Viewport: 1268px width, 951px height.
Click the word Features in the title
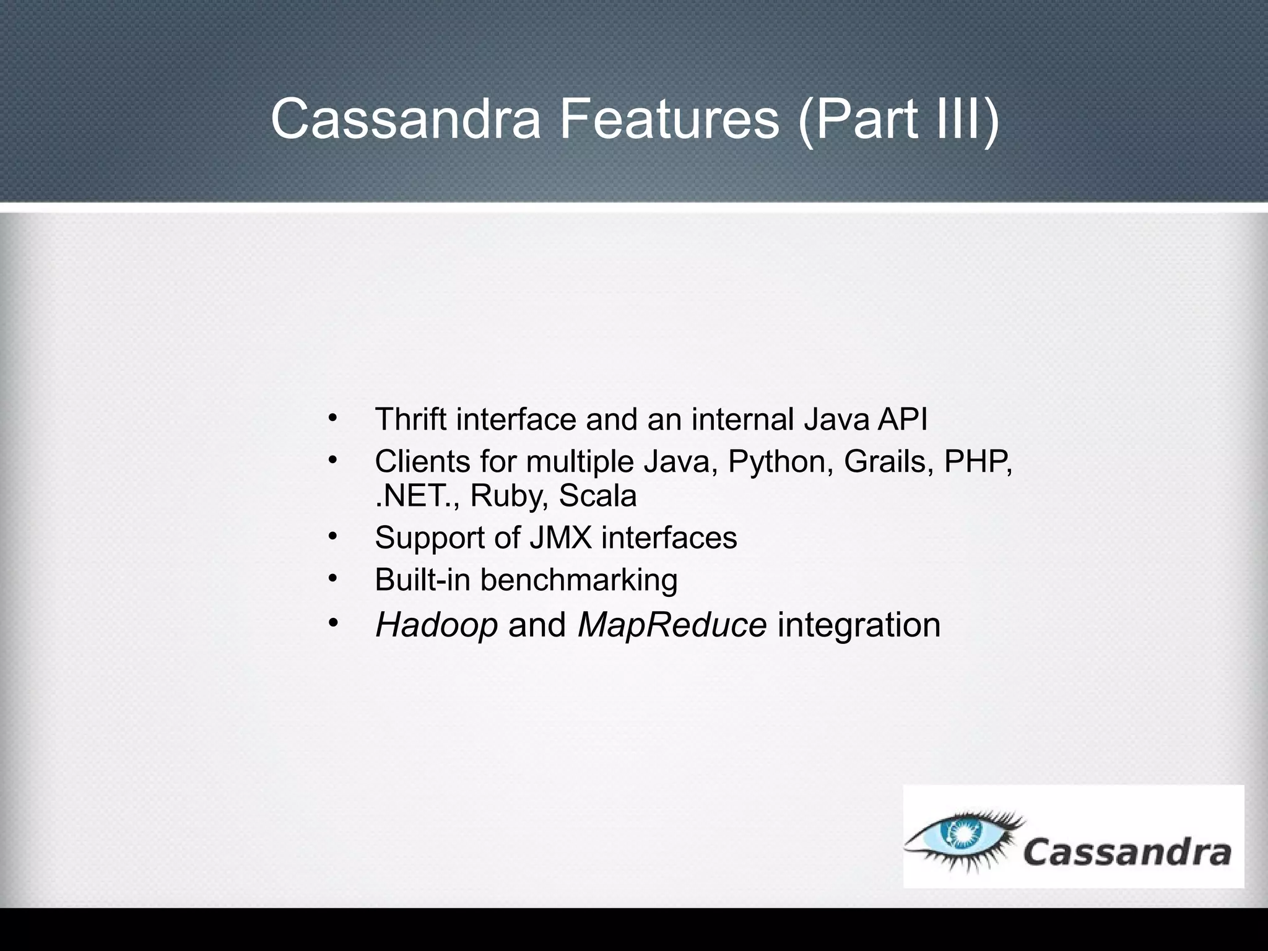coord(669,119)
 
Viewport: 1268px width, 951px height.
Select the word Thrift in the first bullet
coord(410,419)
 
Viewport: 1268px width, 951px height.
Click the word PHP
coord(978,461)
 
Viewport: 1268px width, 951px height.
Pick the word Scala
coord(597,496)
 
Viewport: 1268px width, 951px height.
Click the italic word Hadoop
coord(436,625)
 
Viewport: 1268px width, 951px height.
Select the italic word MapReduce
coord(672,625)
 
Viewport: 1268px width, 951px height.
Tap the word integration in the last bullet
coord(859,625)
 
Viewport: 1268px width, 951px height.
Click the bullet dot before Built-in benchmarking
coord(332,578)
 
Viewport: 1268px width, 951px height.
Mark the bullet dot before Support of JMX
coord(332,536)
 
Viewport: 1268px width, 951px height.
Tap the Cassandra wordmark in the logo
coord(1127,853)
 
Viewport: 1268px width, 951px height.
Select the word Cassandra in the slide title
coord(406,119)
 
